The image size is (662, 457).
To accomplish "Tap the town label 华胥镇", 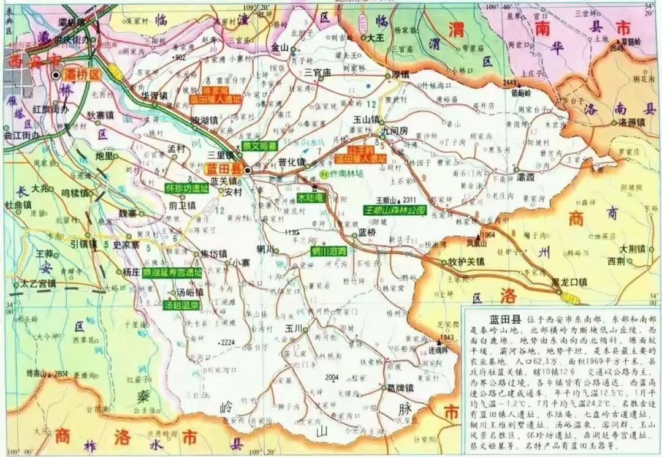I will (154, 96).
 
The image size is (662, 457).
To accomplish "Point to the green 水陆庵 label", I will (310, 198).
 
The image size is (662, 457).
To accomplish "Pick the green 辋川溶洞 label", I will (329, 251).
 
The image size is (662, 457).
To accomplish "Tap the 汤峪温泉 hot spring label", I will (165, 304).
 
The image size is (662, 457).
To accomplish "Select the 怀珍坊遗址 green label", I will (187, 189).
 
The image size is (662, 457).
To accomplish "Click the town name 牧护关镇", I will (466, 262).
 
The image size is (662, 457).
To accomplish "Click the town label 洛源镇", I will (631, 122).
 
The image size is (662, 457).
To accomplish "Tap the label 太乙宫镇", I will (39, 284).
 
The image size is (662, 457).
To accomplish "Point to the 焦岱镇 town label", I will (214, 254).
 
